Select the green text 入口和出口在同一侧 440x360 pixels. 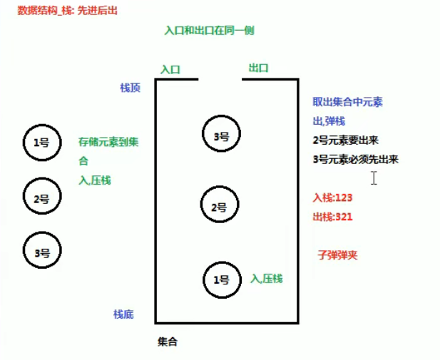(x=209, y=30)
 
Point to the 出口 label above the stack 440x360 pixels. (x=258, y=68)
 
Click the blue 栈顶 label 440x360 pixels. (x=130, y=87)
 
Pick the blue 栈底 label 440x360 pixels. (x=123, y=314)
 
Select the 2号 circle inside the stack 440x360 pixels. (x=219, y=206)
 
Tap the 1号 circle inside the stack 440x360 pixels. (x=222, y=280)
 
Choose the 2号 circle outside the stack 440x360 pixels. (x=41, y=197)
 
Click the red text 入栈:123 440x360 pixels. (x=333, y=197)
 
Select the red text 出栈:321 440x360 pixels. (x=333, y=216)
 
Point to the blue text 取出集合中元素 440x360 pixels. (x=347, y=102)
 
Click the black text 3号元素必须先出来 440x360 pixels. (x=355, y=159)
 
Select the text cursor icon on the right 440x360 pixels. (x=374, y=178)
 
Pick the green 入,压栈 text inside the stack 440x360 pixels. (x=267, y=278)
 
